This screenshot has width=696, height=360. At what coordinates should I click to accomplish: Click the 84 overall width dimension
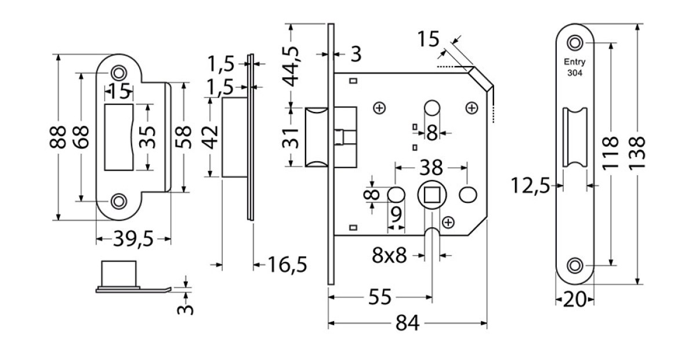(x=407, y=323)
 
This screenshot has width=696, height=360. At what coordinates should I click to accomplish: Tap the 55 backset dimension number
(x=380, y=297)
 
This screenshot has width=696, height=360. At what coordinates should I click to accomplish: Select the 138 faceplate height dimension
(x=637, y=154)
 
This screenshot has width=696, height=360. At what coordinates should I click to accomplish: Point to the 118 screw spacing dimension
(x=610, y=154)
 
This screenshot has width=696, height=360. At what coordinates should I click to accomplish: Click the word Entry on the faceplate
(x=575, y=62)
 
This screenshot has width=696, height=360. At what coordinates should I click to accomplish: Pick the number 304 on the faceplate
(x=575, y=72)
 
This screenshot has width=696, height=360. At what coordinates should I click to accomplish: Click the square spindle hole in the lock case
(x=432, y=195)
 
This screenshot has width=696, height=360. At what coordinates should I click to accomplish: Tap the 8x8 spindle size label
(x=389, y=255)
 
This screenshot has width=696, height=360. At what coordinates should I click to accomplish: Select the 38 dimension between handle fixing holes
(x=431, y=168)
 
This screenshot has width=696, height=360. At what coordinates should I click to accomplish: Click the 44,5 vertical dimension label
(x=291, y=66)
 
